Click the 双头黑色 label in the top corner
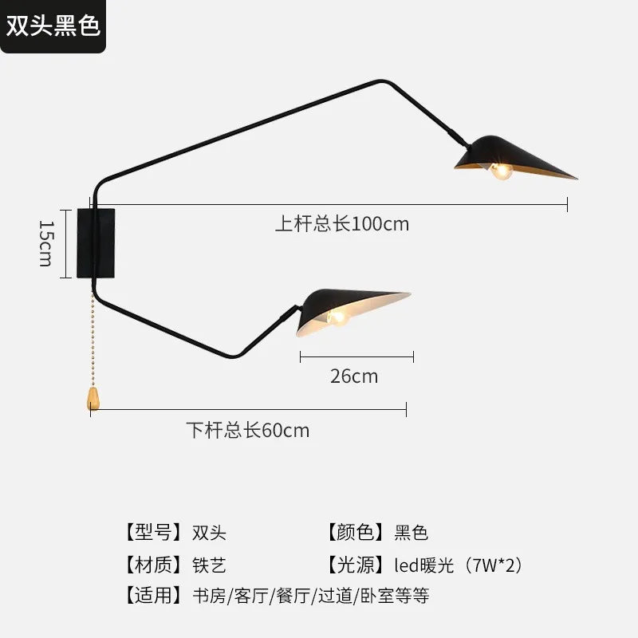[x=53, y=26]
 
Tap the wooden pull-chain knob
[x=93, y=399]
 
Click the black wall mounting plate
[x=96, y=243]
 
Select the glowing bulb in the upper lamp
[x=501, y=171]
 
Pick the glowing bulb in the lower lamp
[x=337, y=317]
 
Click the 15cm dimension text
[x=46, y=243]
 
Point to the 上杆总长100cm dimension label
[x=342, y=224]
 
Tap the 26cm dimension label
[x=354, y=376]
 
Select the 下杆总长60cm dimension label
[x=248, y=430]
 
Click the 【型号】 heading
[x=153, y=532]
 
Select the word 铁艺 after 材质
[x=209, y=565]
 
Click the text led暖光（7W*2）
[x=459, y=565]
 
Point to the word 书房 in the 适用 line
[x=209, y=596]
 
